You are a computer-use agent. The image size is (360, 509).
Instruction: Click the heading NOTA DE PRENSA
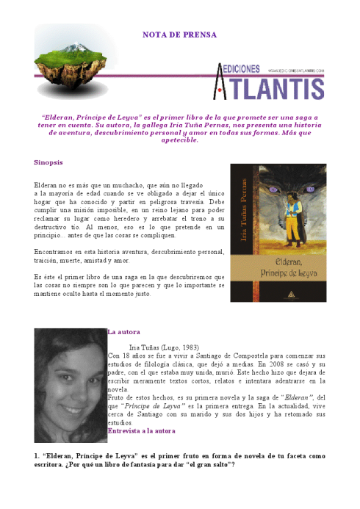click(179, 35)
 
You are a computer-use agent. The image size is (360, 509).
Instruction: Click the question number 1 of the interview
click(36, 455)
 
